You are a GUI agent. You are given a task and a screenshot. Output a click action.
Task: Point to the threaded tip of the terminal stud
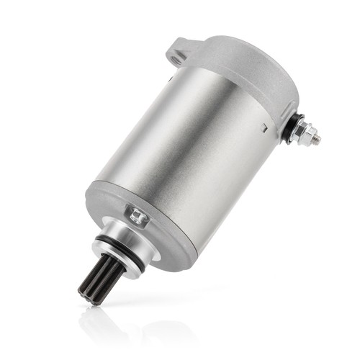coord(316,138)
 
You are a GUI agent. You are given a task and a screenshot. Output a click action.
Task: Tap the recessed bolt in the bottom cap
coord(138,215)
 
